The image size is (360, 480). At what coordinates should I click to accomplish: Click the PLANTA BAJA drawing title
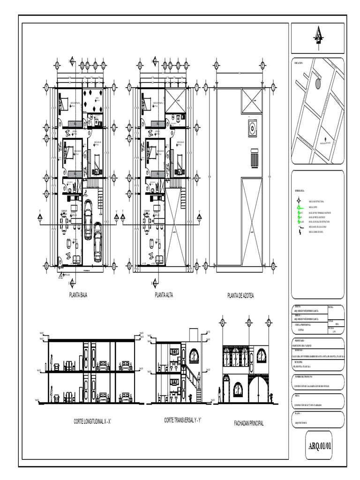(x=78, y=295)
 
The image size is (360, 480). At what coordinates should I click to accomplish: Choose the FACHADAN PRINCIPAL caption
(x=248, y=423)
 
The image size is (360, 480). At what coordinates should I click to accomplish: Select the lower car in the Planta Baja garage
(x=97, y=241)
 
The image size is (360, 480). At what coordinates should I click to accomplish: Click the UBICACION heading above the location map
(x=299, y=62)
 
